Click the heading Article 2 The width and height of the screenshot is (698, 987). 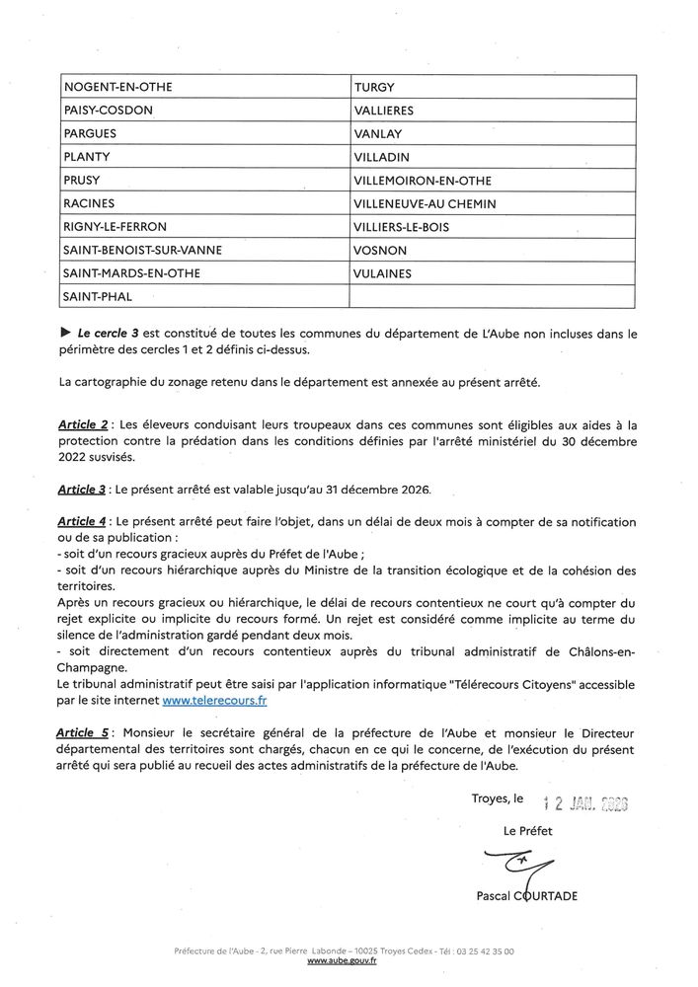84,424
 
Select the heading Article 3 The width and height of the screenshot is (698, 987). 84,489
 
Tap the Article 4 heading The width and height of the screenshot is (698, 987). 84,520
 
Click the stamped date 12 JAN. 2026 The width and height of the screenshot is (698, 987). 585,801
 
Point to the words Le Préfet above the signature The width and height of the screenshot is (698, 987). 528,832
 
